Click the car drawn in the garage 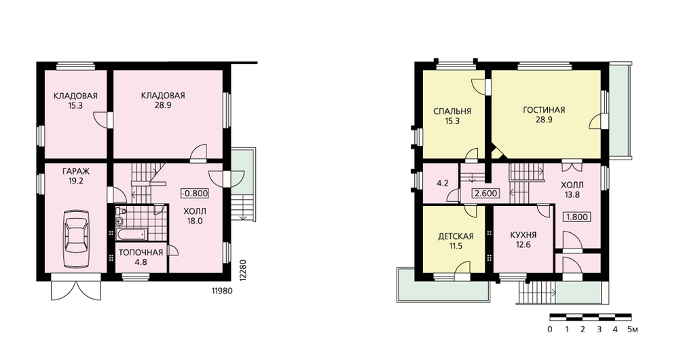click(x=76, y=239)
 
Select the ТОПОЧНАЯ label click(x=141, y=253)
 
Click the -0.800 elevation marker click(x=194, y=193)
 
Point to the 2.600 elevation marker click(x=486, y=194)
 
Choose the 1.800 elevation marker click(x=576, y=217)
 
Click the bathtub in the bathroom click(x=131, y=234)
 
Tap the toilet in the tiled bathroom click(x=121, y=212)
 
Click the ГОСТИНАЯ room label click(x=544, y=110)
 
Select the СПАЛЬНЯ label click(x=452, y=111)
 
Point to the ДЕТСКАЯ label click(x=456, y=236)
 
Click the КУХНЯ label click(x=523, y=235)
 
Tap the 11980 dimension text click(x=222, y=291)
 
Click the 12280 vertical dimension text click(x=242, y=270)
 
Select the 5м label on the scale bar click(x=632, y=329)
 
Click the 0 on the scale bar click(x=550, y=329)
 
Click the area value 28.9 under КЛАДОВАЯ click(x=163, y=105)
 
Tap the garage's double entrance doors click(x=76, y=287)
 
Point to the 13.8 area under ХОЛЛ click(x=572, y=195)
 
